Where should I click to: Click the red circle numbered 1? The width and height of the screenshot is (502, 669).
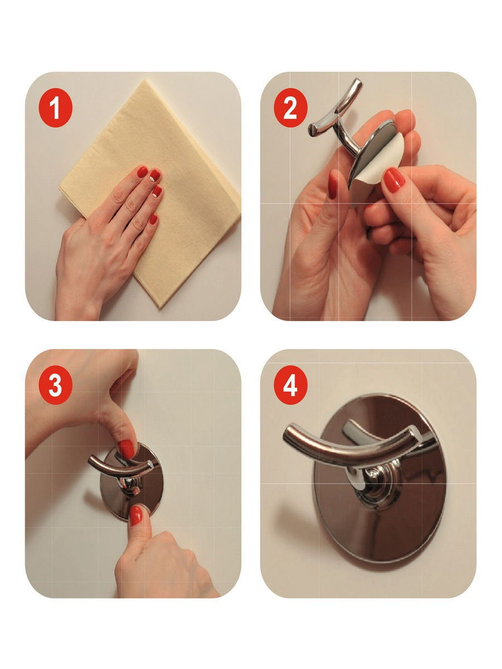pos(55,108)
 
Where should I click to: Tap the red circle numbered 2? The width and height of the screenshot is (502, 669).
pos(291,108)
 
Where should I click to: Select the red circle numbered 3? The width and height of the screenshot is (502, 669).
pos(55,385)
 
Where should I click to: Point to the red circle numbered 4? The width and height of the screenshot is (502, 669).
pos(291,385)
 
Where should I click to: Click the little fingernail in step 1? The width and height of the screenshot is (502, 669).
pos(153,219)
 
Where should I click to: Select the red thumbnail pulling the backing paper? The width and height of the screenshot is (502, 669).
pos(394,180)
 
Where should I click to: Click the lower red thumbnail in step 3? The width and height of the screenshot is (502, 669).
pos(136,515)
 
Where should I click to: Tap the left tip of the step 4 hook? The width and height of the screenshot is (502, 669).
pos(286,433)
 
